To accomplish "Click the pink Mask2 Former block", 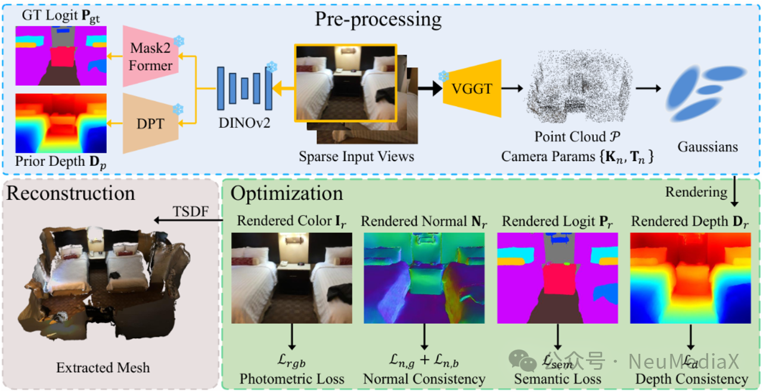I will (x=150, y=57).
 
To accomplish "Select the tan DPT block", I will (x=150, y=124).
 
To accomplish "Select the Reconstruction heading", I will (x=70, y=193).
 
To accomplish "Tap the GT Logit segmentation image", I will (x=61, y=55).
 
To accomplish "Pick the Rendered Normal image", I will (x=424, y=273).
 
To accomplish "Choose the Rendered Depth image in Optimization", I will (x=690, y=273).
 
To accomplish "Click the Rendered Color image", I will (x=291, y=273).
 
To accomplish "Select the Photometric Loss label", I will (x=292, y=379).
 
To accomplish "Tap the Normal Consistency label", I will (x=424, y=379).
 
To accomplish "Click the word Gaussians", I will (x=708, y=146).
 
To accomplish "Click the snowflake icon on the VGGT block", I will (x=443, y=76).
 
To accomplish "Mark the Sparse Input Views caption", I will (x=356, y=156).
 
